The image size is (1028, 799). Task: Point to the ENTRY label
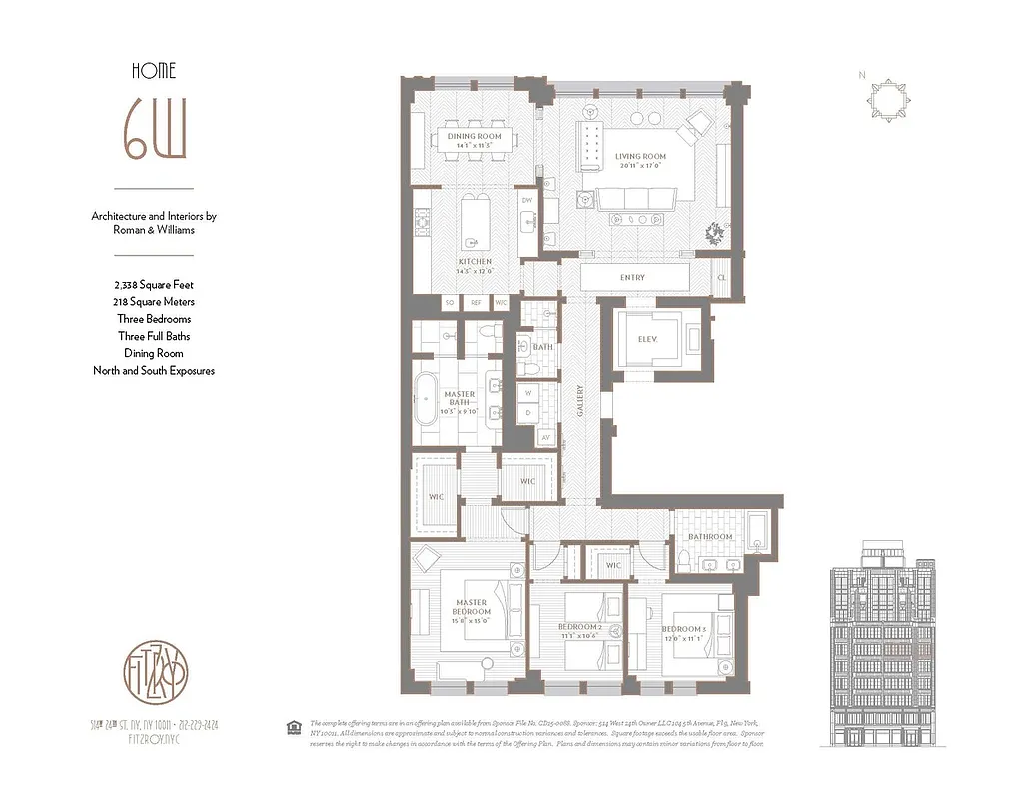[x=632, y=277]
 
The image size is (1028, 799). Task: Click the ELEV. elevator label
[x=647, y=338]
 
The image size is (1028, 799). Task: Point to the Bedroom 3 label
[x=683, y=630]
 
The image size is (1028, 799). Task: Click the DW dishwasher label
[x=527, y=200]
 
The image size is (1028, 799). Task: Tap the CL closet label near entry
[x=722, y=277]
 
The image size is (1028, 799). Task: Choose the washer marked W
[x=527, y=393]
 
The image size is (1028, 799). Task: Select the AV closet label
[x=545, y=436]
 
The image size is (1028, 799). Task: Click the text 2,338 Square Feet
[x=153, y=283]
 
